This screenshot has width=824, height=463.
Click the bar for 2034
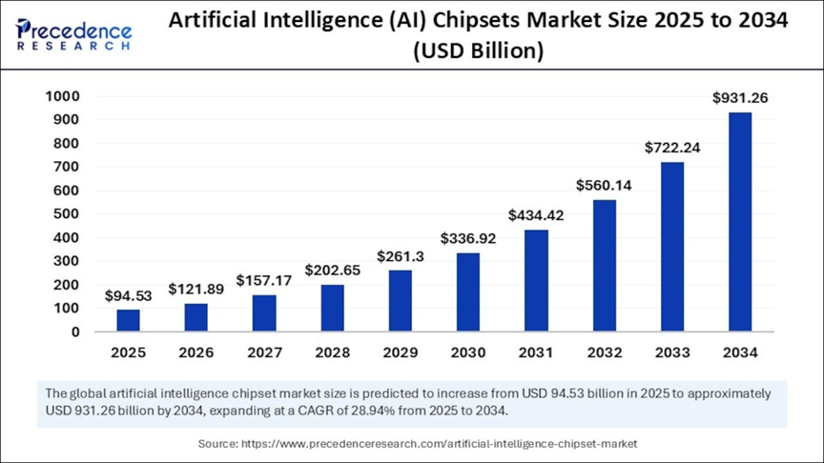coord(740,222)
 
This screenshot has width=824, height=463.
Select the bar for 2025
coord(128,320)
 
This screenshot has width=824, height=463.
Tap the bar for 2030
coord(467,292)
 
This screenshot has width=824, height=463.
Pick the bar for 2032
coord(604,266)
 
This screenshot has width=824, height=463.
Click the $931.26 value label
coord(740,97)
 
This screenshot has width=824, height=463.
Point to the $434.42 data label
coord(536,215)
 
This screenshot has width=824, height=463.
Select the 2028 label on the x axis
coord(332,352)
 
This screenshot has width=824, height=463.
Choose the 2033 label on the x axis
coord(672,352)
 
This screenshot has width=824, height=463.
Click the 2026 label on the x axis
coord(196,352)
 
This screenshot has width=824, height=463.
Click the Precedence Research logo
coord(73,34)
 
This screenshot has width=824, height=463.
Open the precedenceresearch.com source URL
coord(440,444)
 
